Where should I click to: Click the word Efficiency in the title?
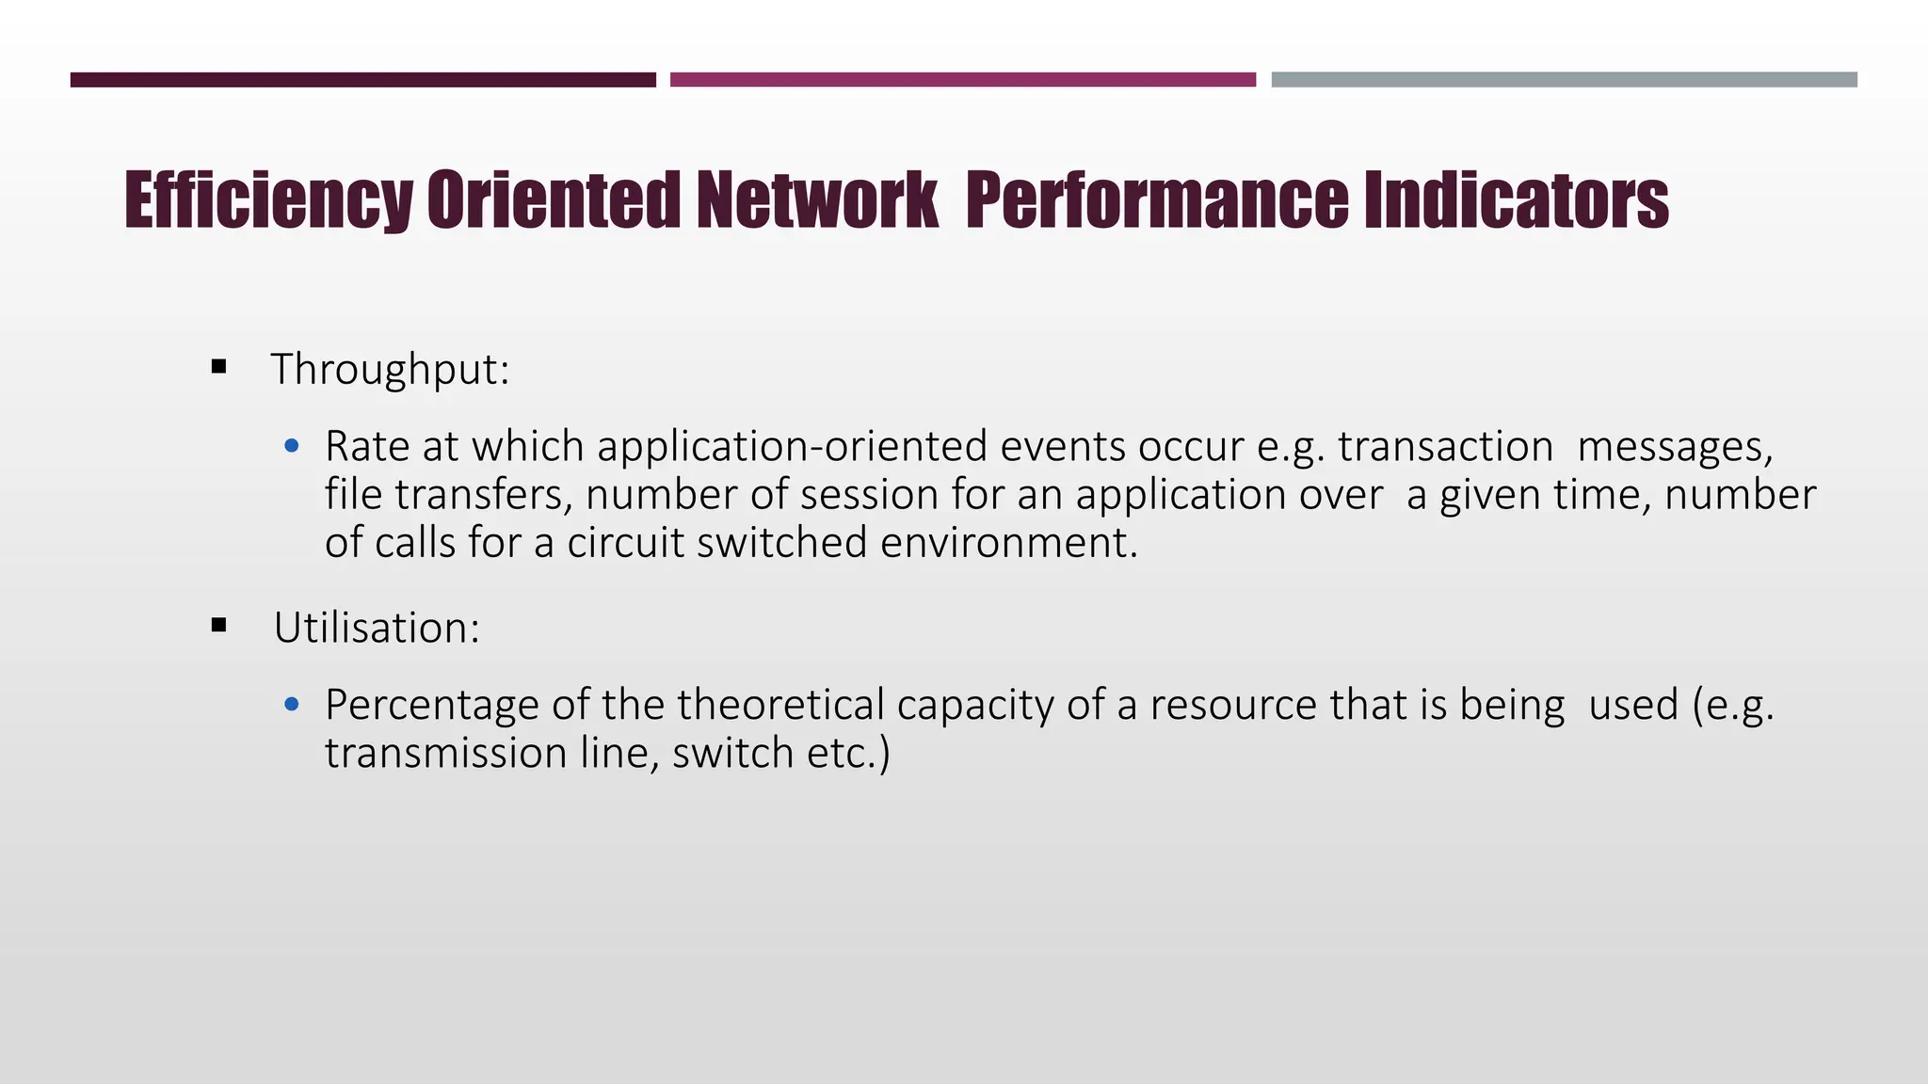(x=268, y=200)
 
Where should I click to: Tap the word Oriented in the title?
(x=553, y=200)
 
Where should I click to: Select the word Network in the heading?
(x=817, y=200)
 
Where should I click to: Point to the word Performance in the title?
(x=1157, y=200)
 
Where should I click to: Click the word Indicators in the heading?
(x=1516, y=200)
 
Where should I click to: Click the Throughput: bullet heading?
(x=390, y=369)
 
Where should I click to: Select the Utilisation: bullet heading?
(x=377, y=628)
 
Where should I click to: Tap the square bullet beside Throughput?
(x=219, y=366)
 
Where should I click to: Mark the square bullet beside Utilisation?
(x=219, y=625)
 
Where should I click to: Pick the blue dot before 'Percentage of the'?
(x=292, y=704)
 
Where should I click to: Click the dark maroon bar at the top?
(x=362, y=80)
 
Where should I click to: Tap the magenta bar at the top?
(x=962, y=80)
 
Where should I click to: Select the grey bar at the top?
(x=1564, y=80)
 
